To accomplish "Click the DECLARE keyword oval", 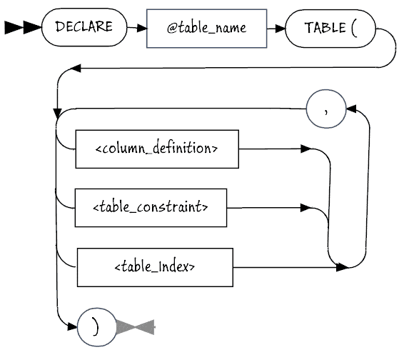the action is tap(84, 27).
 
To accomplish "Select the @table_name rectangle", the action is tap(206, 29).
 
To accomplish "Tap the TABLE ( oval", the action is tap(330, 29).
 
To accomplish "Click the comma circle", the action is tap(326, 109).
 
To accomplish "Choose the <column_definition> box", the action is tap(157, 149).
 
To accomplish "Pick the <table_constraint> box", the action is tap(151, 208).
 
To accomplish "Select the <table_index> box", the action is tap(155, 267).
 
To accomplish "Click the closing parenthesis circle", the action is tap(97, 327).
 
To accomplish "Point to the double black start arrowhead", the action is tap(23, 27).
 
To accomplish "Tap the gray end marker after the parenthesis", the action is tap(136, 327).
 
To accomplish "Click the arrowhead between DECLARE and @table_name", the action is tap(142, 28).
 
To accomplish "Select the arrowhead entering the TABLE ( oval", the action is tap(281, 29).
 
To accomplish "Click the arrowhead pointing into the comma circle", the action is tap(351, 109).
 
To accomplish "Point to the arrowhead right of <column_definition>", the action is tap(305, 149).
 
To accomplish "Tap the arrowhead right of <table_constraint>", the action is tap(305, 208).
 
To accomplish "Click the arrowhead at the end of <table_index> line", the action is tap(343, 267).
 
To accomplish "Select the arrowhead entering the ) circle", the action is tap(72, 326).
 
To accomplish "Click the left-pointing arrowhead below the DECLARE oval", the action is tap(76, 69).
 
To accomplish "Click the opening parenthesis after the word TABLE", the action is tap(354, 29).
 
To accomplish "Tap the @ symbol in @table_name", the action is tap(171, 29).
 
